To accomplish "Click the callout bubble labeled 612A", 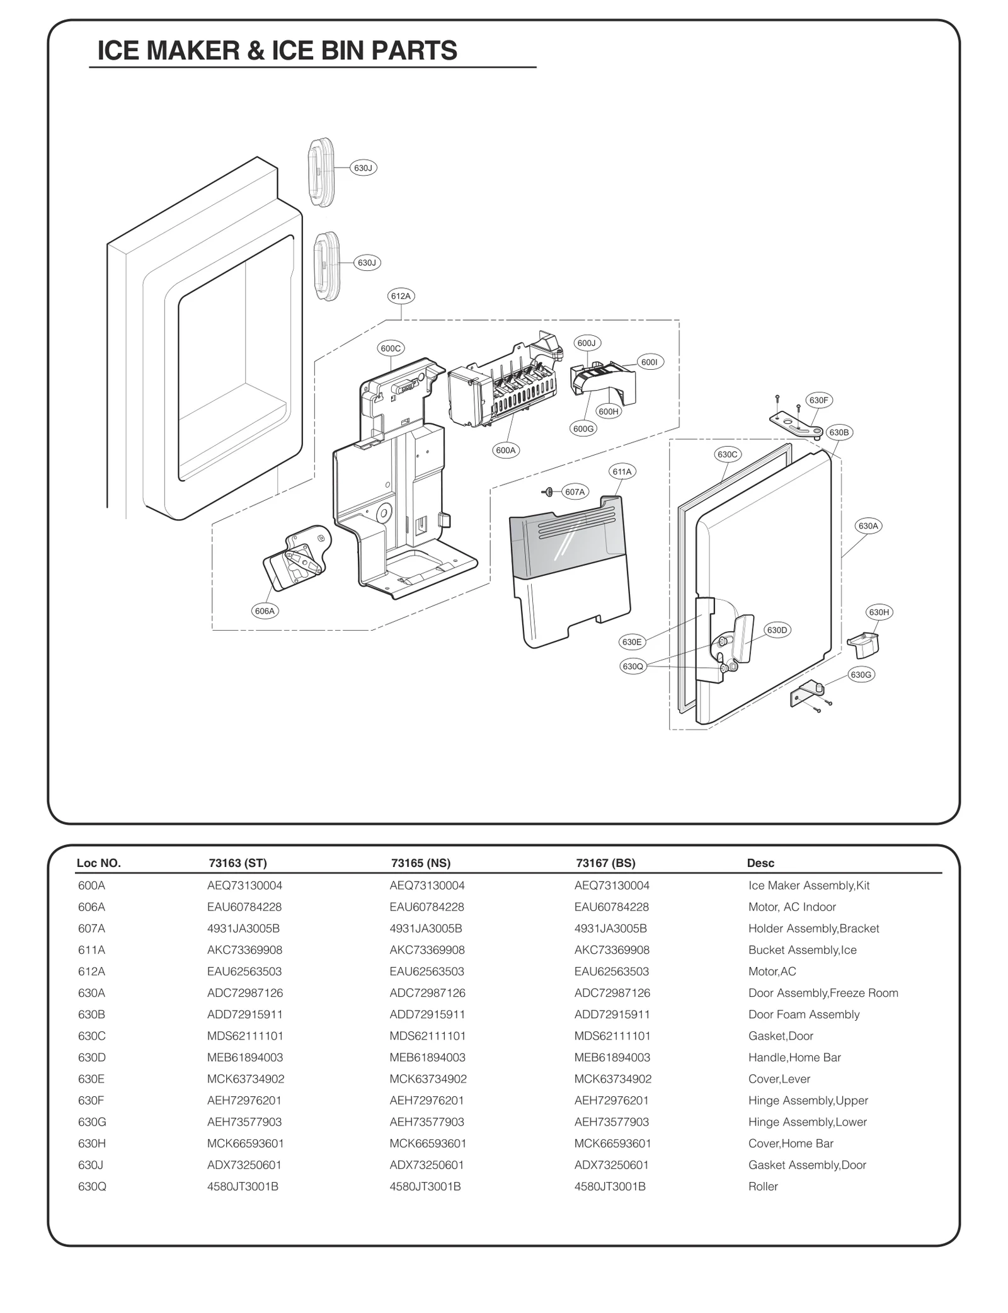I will tap(401, 295).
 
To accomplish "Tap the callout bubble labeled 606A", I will tap(265, 611).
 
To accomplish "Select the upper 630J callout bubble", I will tap(364, 168).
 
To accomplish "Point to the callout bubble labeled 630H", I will tap(879, 612).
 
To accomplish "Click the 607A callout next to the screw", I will tap(574, 491).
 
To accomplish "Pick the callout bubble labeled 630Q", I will tap(633, 666).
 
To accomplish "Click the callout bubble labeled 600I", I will tap(649, 362).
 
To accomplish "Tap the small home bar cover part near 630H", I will tap(864, 645).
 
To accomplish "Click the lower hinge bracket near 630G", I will tap(805, 696).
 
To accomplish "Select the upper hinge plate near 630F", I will tap(794, 423).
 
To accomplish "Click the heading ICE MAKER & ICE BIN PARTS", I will tap(277, 50).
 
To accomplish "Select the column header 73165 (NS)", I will tap(420, 863).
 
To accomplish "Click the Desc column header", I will tap(760, 863).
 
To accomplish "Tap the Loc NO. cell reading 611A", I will tap(91, 949).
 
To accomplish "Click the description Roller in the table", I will tap(763, 1186).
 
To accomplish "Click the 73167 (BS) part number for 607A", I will tap(610, 928).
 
